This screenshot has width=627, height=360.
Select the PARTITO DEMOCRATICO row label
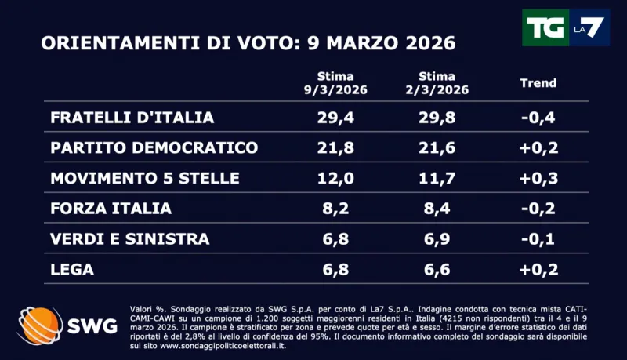click(154, 148)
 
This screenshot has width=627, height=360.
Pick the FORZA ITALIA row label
click(111, 209)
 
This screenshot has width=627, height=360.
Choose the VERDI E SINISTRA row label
click(129, 238)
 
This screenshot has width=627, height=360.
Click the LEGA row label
click(72, 269)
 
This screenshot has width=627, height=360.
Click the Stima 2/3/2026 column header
click(437, 83)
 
